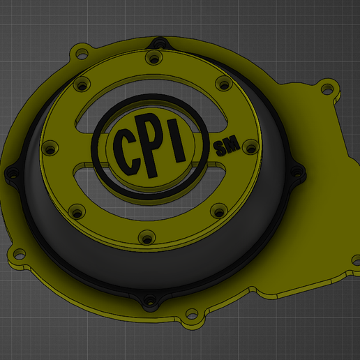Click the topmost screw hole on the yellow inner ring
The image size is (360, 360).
click(152, 56)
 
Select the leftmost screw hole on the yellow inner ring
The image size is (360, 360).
click(50, 149)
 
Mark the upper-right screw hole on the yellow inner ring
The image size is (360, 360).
click(223, 84)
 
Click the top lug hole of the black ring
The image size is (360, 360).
click(159, 43)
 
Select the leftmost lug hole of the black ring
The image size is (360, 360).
click(10, 172)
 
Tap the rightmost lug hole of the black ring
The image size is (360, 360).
click(298, 172)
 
